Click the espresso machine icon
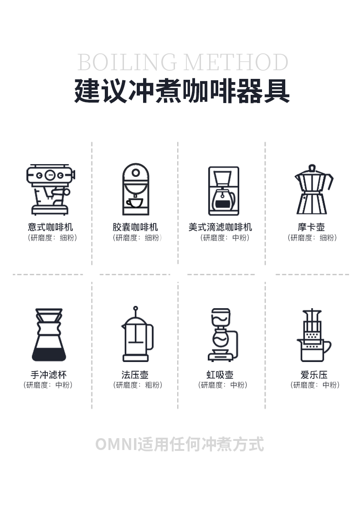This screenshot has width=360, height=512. [x=51, y=189]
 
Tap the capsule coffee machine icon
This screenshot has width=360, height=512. [x=136, y=189]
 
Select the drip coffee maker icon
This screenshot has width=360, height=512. [x=224, y=191]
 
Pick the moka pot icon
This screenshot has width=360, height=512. [x=314, y=189]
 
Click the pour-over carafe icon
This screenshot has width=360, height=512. [x=49, y=334]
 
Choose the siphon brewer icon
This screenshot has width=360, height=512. [x=223, y=334]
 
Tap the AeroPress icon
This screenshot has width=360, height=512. [x=314, y=335]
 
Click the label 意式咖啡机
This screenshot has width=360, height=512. [x=50, y=227]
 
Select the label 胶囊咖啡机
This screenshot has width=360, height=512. [x=135, y=227]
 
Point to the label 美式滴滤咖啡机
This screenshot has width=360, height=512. [x=220, y=227]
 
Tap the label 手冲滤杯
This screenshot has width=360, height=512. [x=48, y=374]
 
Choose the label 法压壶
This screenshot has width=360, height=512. [x=135, y=374]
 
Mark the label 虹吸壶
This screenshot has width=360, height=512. [x=220, y=374]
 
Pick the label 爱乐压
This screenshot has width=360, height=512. [x=314, y=374]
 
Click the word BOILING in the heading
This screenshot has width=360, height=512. [x=127, y=62]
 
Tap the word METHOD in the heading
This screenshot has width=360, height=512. [x=236, y=62]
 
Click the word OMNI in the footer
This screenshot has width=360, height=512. [x=116, y=445]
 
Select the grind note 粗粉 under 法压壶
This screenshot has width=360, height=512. [x=152, y=385]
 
